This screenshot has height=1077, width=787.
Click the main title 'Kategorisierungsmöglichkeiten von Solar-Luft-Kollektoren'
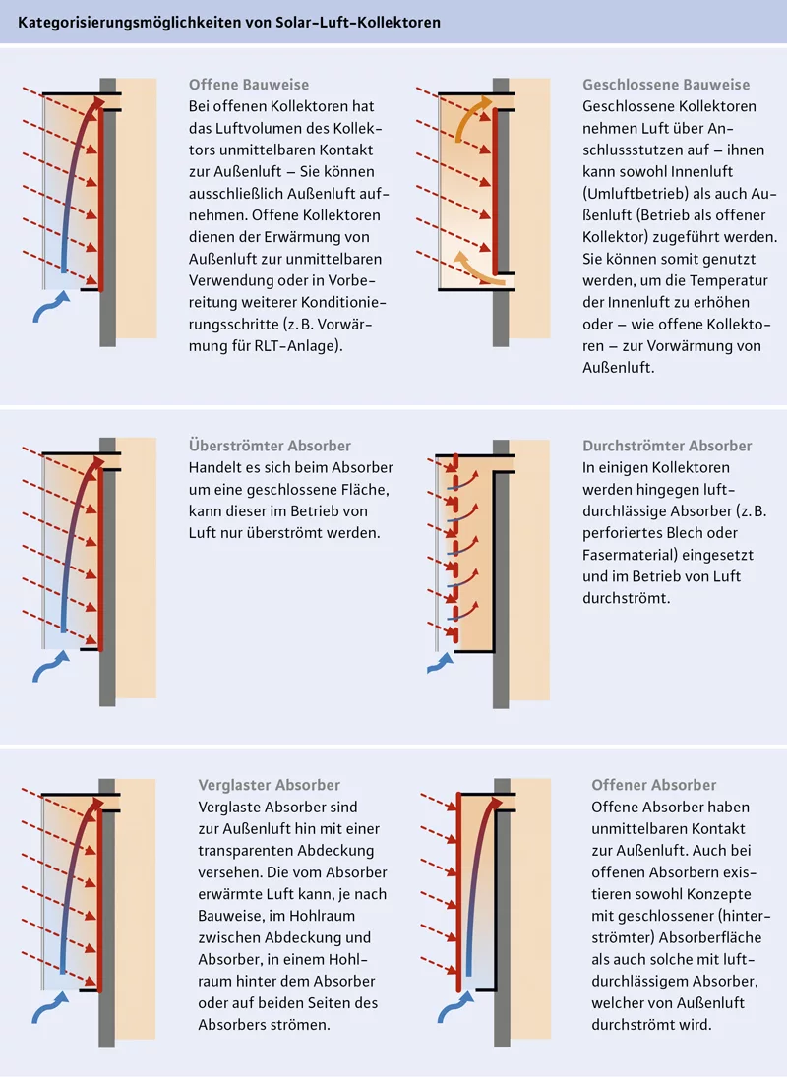pos(229,21)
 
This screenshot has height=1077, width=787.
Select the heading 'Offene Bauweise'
pos(248,85)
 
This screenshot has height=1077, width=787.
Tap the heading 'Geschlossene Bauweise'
pos(666,85)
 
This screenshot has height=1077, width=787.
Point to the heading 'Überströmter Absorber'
pos(269,446)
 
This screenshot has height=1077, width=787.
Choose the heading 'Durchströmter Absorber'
pos(667,446)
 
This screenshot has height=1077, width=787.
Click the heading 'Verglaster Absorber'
pos(269,785)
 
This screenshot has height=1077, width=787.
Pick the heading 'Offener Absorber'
pos(653,785)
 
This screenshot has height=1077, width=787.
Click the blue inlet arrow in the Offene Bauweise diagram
pos(49,311)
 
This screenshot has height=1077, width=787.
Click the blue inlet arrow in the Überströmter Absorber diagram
pos(49,670)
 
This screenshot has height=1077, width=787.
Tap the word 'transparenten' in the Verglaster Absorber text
pos(245,850)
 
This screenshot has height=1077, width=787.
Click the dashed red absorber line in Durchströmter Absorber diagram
pos(455,551)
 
